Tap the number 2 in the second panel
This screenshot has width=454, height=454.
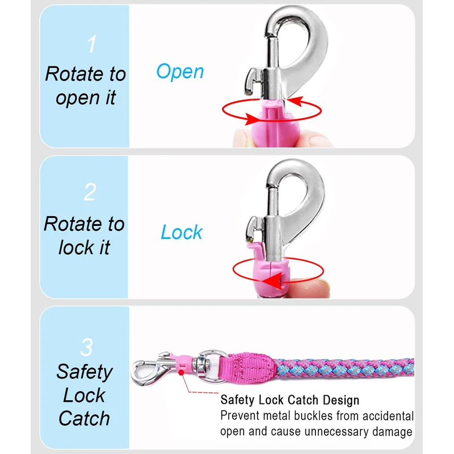(90, 192)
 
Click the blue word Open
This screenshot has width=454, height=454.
(180, 72)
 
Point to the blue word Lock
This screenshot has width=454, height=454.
(182, 232)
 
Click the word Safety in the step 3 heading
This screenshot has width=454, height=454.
(84, 372)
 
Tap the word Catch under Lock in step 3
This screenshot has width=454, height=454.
(84, 418)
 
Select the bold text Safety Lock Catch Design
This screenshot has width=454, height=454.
(289, 401)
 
